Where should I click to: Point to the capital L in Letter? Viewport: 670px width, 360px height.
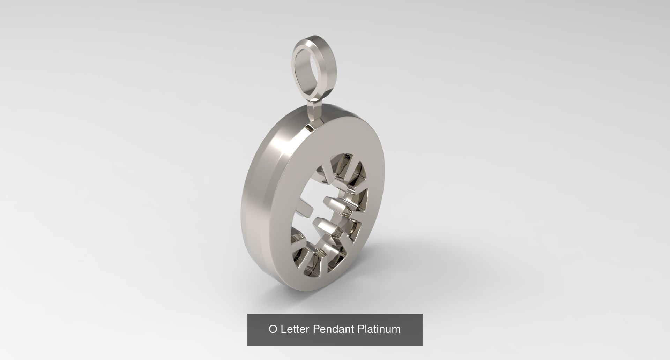coord(282,329)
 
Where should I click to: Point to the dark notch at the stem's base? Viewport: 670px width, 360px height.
coord(310,128)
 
